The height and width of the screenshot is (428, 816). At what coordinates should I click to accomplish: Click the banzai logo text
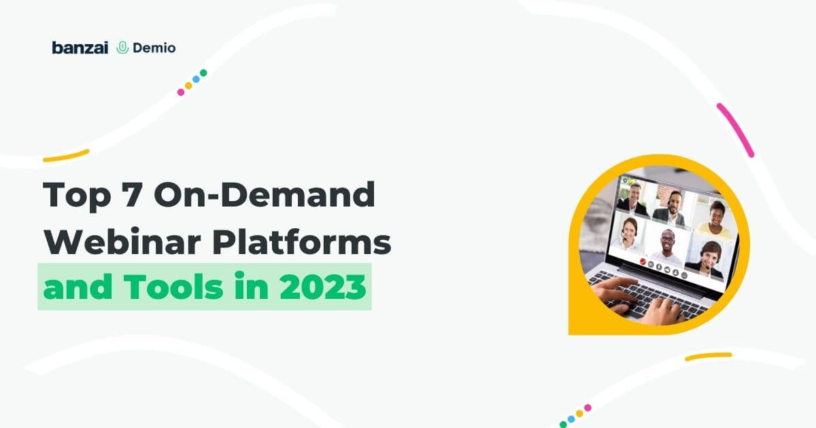80,48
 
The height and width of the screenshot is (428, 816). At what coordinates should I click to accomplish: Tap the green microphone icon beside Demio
122,48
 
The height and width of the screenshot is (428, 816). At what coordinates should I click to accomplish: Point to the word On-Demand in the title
265,196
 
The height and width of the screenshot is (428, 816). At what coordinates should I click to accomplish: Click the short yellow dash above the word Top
66,156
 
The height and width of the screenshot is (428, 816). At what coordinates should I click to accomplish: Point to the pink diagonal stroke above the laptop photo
735,130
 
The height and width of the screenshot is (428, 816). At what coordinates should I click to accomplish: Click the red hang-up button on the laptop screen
642,260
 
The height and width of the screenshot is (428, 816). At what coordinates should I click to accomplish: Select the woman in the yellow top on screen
714,221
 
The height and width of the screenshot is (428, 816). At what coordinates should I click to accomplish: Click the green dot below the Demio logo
203,73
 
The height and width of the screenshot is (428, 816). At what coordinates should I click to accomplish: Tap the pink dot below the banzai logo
181,92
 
